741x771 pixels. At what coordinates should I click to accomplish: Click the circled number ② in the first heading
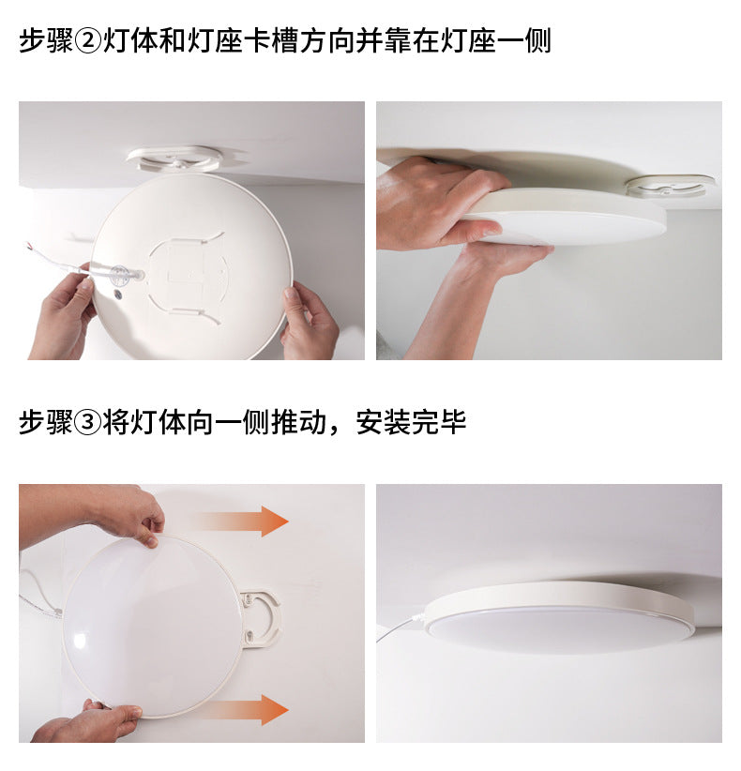[x=86, y=42]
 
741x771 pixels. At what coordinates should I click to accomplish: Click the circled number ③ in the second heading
[x=86, y=423]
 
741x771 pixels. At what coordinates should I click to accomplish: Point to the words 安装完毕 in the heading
[x=411, y=423]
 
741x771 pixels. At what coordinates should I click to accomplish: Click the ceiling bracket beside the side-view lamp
[x=669, y=185]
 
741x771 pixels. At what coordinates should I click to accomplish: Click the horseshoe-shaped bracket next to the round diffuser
[x=260, y=615]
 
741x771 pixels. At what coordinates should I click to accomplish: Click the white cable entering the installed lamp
[x=401, y=627]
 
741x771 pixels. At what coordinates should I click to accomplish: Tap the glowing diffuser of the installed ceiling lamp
[x=560, y=628]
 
